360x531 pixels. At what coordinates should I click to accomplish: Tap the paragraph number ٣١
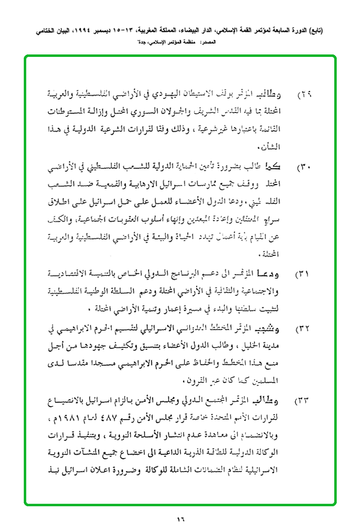click(x=303, y=274)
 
